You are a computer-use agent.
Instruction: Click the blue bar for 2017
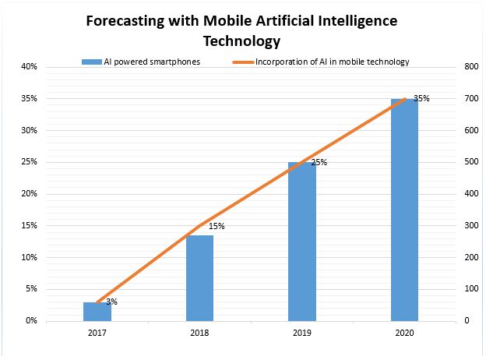(x=97, y=311)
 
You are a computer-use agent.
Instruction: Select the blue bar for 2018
(x=199, y=277)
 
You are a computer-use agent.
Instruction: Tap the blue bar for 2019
(x=302, y=241)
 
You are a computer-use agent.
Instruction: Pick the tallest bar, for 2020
(x=404, y=209)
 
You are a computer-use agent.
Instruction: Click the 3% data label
(x=111, y=302)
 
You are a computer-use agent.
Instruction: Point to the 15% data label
(x=217, y=226)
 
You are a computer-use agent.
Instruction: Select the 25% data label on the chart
(x=319, y=163)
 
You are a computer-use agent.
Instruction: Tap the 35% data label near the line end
(x=421, y=99)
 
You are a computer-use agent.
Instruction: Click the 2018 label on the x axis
(x=199, y=333)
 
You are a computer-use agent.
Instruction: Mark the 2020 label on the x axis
(x=404, y=333)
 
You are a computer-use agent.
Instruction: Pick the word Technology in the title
(x=241, y=40)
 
